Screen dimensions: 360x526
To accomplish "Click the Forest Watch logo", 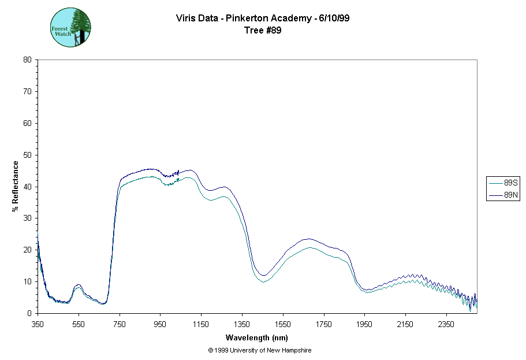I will tap(71, 27).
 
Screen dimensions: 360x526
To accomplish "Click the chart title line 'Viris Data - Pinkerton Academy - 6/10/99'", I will tap(263, 18).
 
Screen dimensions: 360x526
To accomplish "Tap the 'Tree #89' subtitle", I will tap(263, 30).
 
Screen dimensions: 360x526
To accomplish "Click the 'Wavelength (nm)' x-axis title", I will tap(257, 337).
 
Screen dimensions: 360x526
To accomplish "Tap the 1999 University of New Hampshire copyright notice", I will tap(260, 350).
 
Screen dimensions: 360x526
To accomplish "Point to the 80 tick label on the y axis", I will tap(27, 60).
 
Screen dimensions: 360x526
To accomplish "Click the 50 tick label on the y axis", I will tap(27, 155).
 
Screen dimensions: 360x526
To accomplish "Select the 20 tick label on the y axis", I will tap(27, 250).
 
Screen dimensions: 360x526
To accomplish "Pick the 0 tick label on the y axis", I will tap(29, 313).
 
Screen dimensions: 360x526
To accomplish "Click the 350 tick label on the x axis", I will tap(38, 324).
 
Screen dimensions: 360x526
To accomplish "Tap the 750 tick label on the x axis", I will tap(120, 324).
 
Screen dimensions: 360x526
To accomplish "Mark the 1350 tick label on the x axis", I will tap(242, 324).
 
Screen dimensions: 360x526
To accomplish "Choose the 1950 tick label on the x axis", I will tap(364, 324).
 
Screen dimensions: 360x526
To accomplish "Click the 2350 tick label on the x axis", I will tap(446, 324).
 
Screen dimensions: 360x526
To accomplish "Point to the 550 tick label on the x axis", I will tap(79, 324).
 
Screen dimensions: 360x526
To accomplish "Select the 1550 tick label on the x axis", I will tap(283, 324).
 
